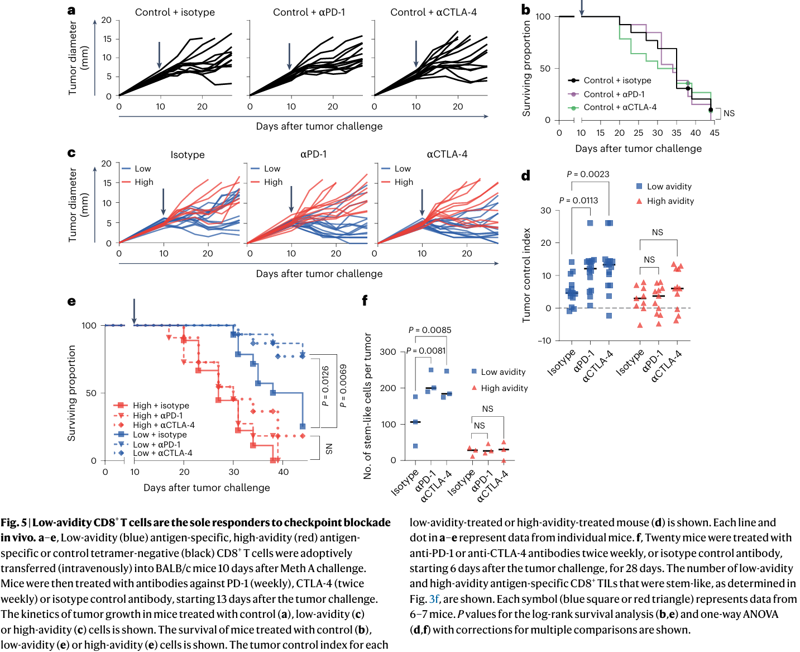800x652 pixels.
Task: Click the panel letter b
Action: (525, 9)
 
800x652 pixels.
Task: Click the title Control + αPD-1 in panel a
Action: (309, 12)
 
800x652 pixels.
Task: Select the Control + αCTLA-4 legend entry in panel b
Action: (620, 107)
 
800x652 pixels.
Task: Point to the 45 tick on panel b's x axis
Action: (715, 133)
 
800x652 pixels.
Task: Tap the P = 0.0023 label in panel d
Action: (588, 174)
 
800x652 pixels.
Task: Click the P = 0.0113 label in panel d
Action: (578, 201)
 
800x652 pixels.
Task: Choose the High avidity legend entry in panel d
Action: (670, 201)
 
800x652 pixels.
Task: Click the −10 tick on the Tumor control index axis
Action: (544, 341)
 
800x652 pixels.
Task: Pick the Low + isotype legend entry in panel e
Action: (160, 435)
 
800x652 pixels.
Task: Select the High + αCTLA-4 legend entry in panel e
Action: (164, 425)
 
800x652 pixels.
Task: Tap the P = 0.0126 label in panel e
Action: (325, 386)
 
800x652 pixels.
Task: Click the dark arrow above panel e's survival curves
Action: (134, 311)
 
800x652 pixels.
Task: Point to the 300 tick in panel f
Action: (387, 352)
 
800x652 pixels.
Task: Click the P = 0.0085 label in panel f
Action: (430, 330)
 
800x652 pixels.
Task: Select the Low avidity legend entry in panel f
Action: (503, 372)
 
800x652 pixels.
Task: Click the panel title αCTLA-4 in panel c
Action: (447, 155)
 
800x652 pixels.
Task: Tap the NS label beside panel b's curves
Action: (729, 113)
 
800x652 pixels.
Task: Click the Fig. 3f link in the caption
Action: (434, 599)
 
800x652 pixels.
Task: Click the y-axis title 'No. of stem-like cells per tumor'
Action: (367, 406)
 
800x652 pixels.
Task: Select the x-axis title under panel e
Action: (207, 488)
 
